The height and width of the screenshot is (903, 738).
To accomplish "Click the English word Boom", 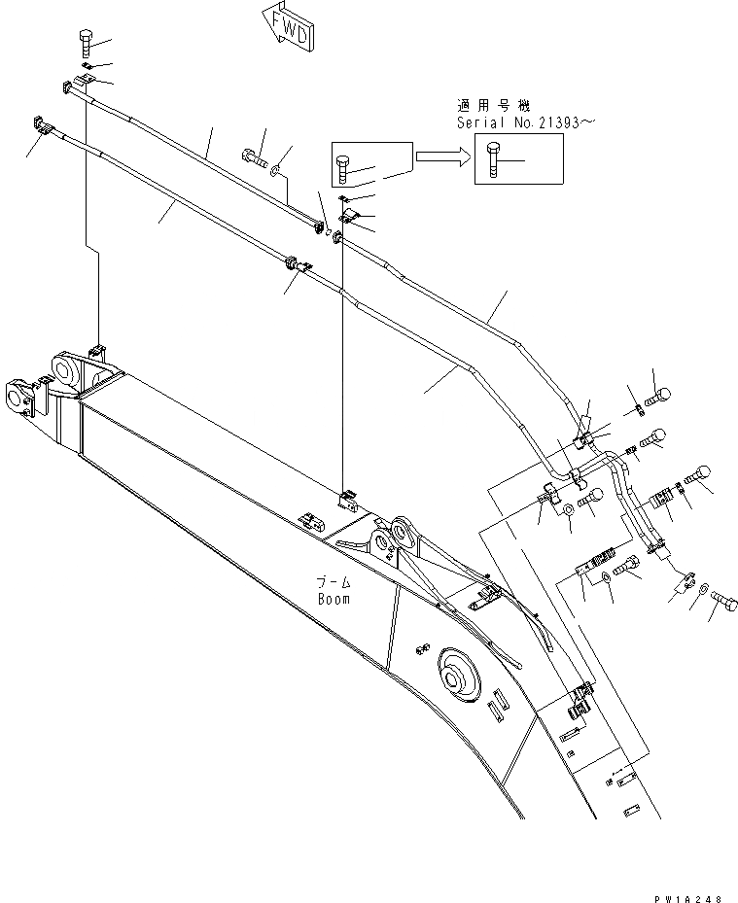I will point(334,599).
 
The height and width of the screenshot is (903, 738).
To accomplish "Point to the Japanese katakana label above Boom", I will point(332,582).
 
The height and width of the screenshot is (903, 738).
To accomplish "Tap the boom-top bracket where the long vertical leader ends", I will point(346,501).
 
